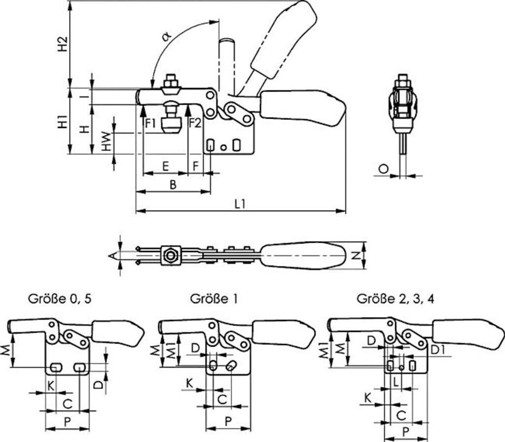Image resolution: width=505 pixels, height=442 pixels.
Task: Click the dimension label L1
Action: click(240, 204)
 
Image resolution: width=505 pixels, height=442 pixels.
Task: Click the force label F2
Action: click(195, 123)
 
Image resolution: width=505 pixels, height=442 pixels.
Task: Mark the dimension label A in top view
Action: click(112, 255)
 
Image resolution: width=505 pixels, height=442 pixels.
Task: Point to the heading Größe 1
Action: click(212, 299)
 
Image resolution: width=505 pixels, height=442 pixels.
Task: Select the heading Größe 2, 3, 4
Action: click(396, 299)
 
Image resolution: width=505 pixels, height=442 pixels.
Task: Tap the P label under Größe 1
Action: click(228, 421)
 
